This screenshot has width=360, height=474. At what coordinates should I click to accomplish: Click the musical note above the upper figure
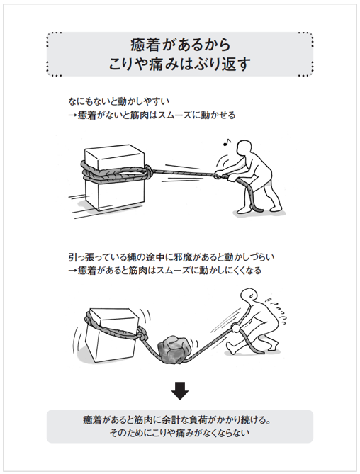(x=227, y=142)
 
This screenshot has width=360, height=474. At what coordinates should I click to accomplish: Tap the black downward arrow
(x=180, y=390)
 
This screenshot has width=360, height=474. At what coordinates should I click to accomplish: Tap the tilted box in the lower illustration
(x=110, y=333)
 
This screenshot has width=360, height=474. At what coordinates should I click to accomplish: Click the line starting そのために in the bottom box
(x=180, y=431)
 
